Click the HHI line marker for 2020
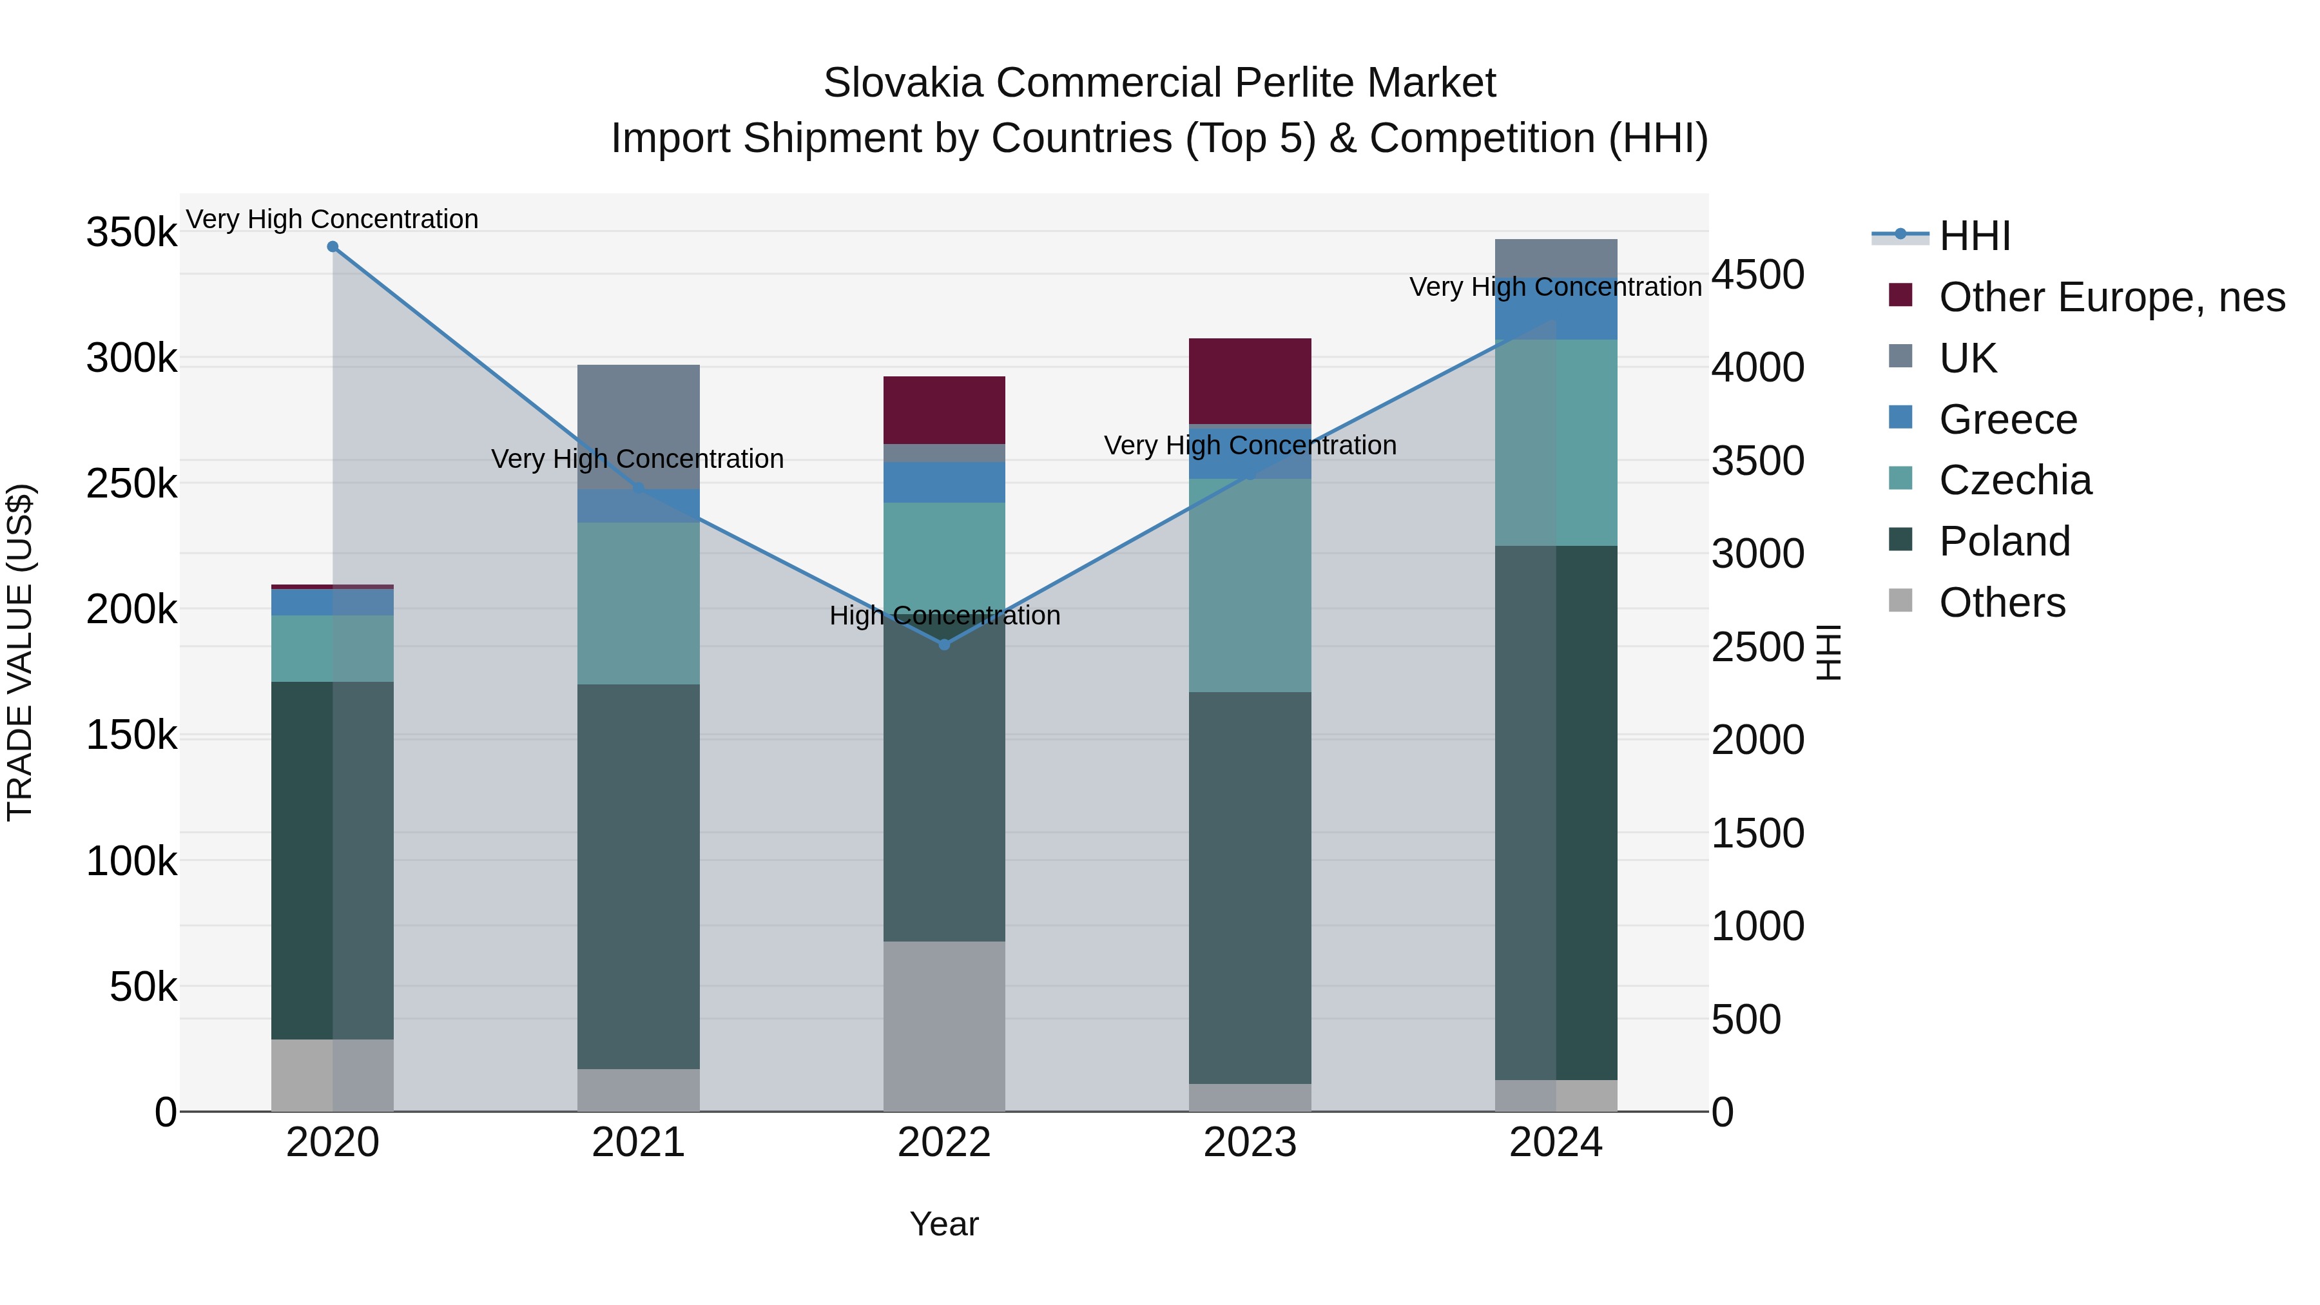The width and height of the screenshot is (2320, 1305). [333, 247]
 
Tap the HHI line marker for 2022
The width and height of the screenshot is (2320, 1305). [944, 645]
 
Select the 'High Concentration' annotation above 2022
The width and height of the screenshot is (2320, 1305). [944, 616]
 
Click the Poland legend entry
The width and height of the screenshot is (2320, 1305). [2004, 541]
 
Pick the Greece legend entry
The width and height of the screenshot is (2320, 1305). [2007, 420]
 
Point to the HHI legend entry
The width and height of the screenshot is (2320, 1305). [1974, 236]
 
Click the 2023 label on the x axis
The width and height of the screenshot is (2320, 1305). [1249, 1143]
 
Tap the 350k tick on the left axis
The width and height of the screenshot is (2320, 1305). [131, 233]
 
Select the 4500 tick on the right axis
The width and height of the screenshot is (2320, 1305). [1757, 275]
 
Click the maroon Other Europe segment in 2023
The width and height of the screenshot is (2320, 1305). [1249, 381]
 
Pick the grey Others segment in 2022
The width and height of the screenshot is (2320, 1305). [944, 1026]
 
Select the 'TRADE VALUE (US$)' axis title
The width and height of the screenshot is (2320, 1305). [20, 652]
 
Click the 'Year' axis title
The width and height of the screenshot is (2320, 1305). [944, 1224]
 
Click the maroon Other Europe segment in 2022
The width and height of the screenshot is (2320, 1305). [944, 410]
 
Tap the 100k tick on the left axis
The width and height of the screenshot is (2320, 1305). [131, 862]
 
